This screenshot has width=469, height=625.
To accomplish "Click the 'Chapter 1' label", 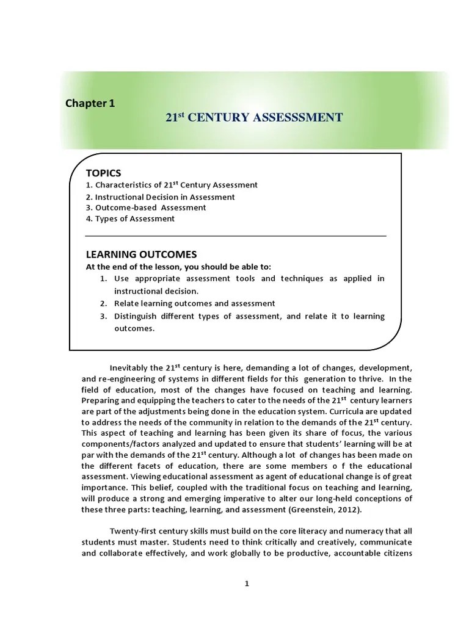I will point(90,103).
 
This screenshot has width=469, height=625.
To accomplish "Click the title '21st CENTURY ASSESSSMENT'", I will point(254,117).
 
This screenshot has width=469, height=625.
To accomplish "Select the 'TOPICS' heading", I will point(103,173).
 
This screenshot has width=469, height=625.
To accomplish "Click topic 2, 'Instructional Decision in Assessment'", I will point(160,197).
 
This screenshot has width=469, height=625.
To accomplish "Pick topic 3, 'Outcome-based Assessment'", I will point(146,208).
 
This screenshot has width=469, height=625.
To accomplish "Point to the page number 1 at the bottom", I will point(247,583).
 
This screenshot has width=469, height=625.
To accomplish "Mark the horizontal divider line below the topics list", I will point(236,236).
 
